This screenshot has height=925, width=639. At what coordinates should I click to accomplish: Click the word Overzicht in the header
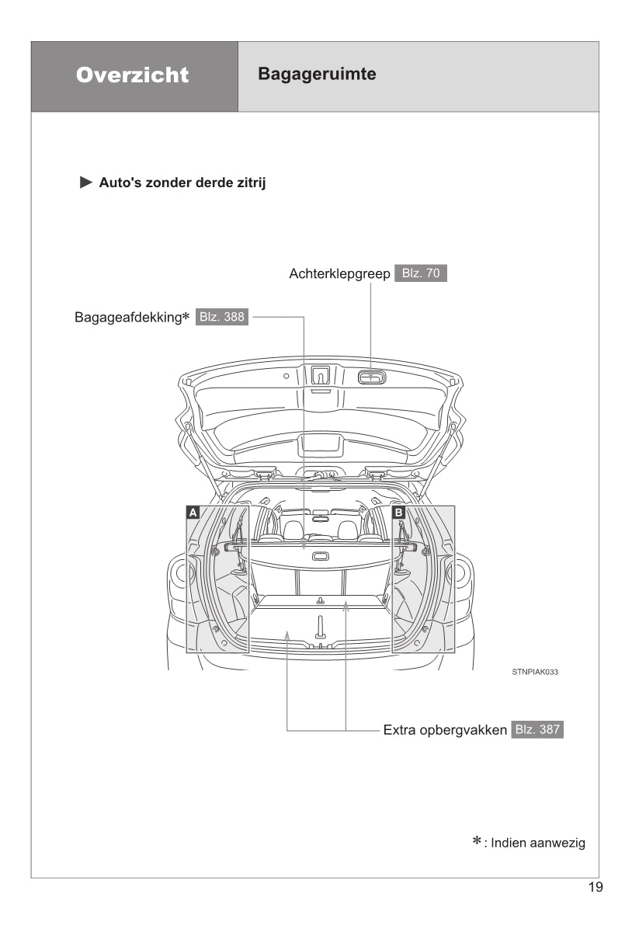(x=133, y=75)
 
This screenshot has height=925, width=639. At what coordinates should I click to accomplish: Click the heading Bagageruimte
(x=317, y=75)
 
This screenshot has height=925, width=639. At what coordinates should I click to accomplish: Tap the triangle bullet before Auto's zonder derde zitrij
(x=85, y=183)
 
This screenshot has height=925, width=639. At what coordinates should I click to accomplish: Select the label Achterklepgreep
(x=339, y=273)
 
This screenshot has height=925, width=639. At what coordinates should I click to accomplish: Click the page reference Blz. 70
(x=421, y=273)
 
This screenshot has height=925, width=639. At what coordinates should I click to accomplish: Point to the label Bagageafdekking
(x=127, y=318)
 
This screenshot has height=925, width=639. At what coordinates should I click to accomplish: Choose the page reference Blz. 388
(x=222, y=317)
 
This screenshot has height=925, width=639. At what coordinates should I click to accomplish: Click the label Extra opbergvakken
(x=445, y=730)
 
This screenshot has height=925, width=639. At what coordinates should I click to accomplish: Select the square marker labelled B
(x=398, y=512)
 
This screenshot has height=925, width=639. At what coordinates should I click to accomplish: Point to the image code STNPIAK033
(x=535, y=672)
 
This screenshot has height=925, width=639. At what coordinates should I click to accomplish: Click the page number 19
(x=596, y=888)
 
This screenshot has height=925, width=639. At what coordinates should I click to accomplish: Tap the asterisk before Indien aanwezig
(x=478, y=843)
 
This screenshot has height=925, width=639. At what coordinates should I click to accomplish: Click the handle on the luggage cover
(x=319, y=556)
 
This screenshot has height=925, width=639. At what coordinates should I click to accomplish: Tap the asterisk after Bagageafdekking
(x=186, y=317)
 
